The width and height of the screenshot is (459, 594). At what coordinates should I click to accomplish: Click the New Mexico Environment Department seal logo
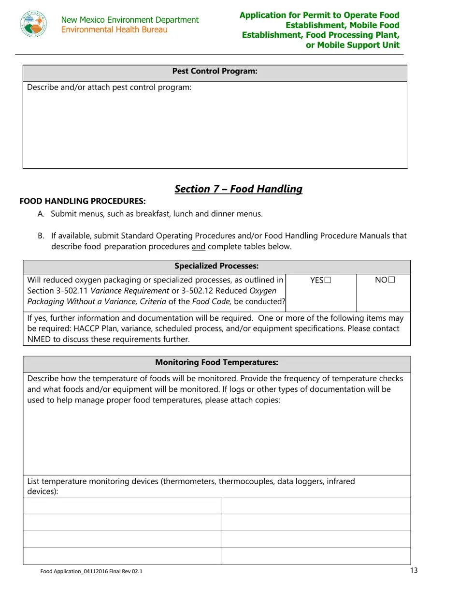[x=34, y=24]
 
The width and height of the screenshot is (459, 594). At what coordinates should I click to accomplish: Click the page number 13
[x=414, y=570]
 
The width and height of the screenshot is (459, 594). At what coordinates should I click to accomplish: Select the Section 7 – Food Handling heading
[x=238, y=189]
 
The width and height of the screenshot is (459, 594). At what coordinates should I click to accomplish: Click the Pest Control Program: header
[x=215, y=72]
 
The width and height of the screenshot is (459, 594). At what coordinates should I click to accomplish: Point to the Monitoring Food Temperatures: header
[x=216, y=362]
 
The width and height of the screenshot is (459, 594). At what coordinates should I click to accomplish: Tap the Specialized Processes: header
[x=216, y=266]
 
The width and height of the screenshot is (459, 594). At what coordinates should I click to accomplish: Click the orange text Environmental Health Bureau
[x=114, y=30]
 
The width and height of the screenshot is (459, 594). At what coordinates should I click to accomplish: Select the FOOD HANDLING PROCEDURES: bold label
[x=82, y=201]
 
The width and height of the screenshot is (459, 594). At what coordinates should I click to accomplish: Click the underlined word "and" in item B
[x=199, y=247]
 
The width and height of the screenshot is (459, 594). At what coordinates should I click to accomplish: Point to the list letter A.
[x=41, y=214]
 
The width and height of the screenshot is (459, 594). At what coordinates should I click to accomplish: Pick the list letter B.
[x=41, y=236]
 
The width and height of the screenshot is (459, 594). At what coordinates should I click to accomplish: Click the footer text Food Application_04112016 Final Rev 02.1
[x=91, y=571]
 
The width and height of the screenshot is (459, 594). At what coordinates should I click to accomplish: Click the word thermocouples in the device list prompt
[x=246, y=481]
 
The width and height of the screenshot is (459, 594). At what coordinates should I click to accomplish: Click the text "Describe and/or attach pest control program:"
[x=109, y=88]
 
